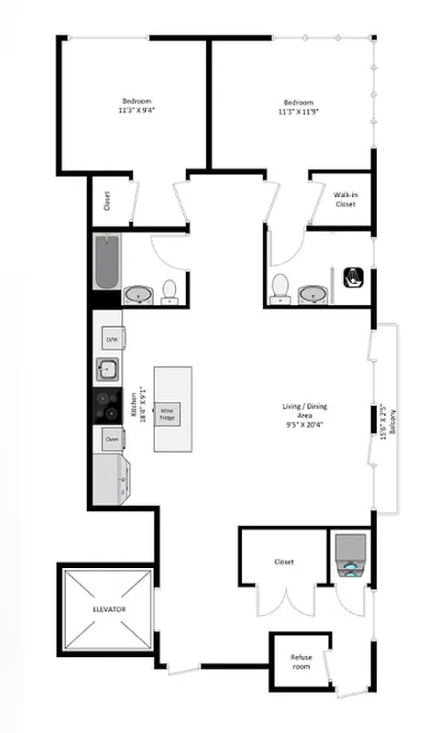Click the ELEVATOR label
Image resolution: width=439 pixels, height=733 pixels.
(x=108, y=609)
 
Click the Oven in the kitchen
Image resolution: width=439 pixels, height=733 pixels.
(x=111, y=439)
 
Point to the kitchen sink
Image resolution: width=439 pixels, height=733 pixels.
(x=107, y=370)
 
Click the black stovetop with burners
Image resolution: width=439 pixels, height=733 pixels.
(x=106, y=404)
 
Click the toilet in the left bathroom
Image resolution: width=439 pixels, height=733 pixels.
(x=170, y=291)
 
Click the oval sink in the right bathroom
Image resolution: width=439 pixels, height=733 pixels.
(x=311, y=295)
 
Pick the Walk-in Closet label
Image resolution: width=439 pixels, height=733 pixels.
(x=345, y=199)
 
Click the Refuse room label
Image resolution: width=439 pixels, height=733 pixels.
(x=302, y=662)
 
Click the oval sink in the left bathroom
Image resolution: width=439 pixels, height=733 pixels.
(x=138, y=295)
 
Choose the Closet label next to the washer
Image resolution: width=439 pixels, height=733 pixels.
(x=283, y=562)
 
